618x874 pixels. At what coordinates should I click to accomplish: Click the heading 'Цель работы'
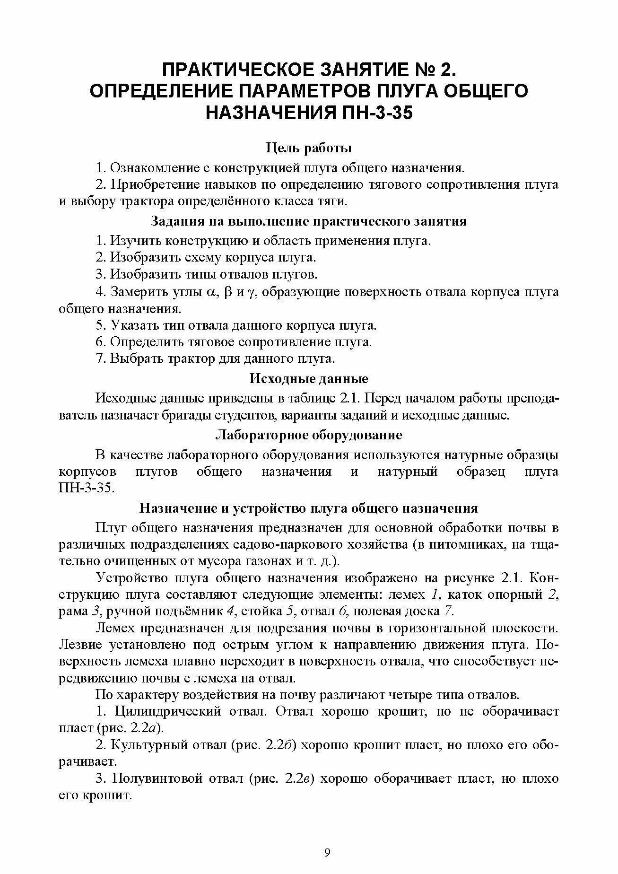(x=309, y=148)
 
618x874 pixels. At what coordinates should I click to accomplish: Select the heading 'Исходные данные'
(x=309, y=379)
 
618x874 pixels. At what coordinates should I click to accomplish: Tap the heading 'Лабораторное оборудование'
(x=309, y=435)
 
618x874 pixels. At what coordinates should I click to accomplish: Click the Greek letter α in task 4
(x=211, y=292)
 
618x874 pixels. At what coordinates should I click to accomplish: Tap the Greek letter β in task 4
(x=229, y=292)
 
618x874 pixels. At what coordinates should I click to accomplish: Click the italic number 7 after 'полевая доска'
(x=448, y=611)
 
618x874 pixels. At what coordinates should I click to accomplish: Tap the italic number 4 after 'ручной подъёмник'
(x=231, y=611)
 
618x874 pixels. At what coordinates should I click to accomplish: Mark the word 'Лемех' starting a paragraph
(x=114, y=628)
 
